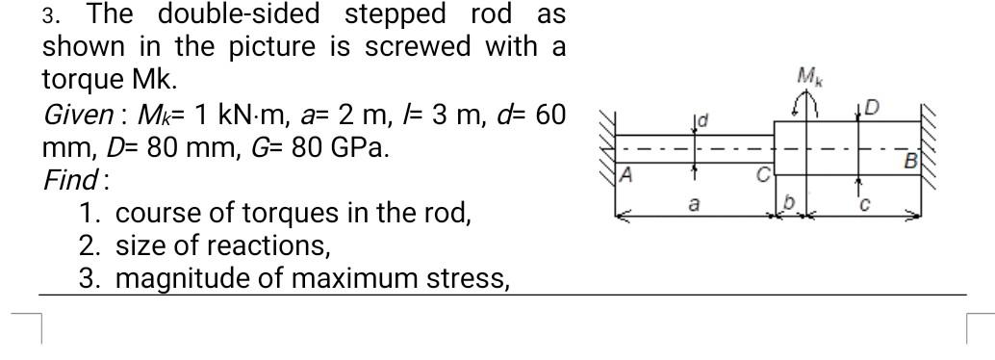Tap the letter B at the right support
tap(908, 161)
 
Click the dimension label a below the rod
tap(693, 205)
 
